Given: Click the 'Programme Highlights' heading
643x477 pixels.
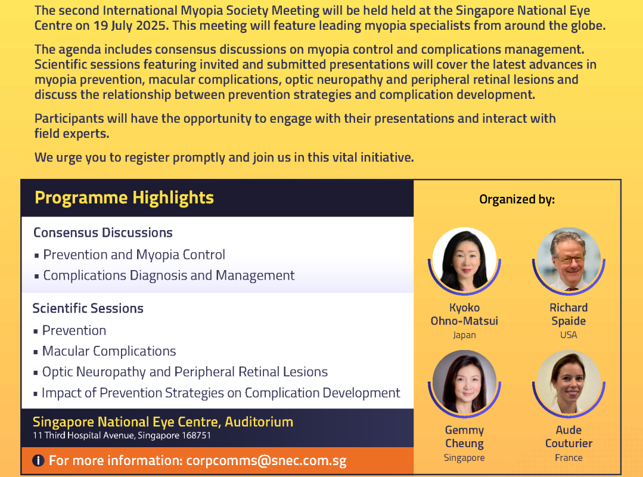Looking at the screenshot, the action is coord(125,198).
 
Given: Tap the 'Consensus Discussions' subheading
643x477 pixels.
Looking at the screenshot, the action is coord(103,233).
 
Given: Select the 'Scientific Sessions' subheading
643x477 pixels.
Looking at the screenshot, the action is coord(88,308).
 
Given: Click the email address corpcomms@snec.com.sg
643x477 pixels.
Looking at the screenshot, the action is coord(266,460).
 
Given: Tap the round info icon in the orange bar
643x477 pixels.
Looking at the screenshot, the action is coord(38,460).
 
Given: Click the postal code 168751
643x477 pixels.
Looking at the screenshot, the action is coord(196,435).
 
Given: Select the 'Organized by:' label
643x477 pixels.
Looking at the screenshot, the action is coord(517,199).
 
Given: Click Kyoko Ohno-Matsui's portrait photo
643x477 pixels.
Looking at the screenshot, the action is coord(464,259).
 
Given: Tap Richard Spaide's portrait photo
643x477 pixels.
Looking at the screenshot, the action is coord(569,259).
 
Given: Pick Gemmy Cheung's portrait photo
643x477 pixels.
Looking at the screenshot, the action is coord(464,382).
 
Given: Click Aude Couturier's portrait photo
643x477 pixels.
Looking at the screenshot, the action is coord(569,382).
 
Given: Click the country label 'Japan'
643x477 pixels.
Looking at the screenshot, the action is coord(464,336).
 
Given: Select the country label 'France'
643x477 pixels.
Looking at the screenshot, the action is coord(569,458).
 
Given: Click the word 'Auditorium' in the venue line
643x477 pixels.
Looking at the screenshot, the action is coord(259,422).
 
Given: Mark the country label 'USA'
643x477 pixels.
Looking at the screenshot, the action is coord(569,335).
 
